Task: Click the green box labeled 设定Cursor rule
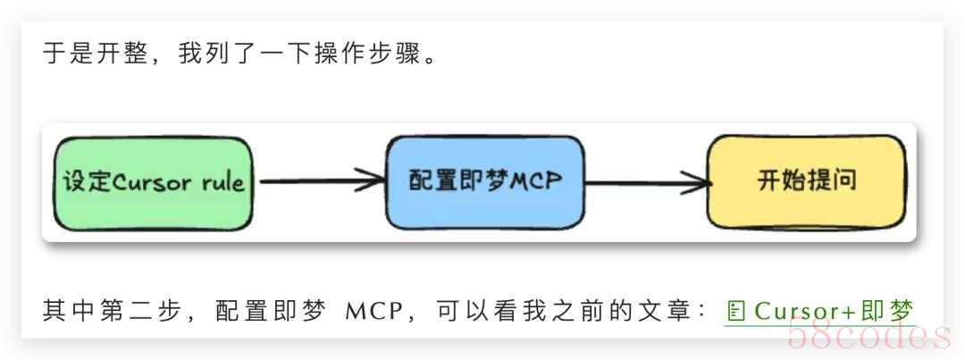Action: (153, 183)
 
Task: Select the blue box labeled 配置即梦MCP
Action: (485, 182)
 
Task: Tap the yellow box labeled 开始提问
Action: (806, 182)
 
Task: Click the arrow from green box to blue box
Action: (319, 183)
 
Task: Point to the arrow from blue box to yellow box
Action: (646, 184)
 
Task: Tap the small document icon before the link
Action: (736, 312)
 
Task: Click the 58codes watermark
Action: (867, 335)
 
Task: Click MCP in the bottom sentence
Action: (373, 311)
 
